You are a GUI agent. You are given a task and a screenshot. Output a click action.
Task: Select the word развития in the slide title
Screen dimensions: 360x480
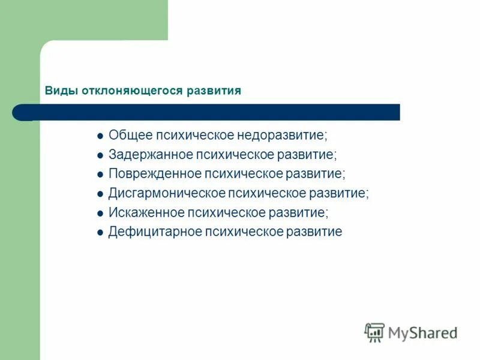coord(213,91)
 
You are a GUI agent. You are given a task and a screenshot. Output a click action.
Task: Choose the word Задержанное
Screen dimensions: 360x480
coord(150,154)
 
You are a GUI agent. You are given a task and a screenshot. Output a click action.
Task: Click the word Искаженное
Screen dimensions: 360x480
coord(146,212)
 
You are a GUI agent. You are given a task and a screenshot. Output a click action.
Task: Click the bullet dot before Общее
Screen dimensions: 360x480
coord(100,136)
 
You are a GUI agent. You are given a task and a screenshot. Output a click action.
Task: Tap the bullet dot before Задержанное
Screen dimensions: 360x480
coord(100,155)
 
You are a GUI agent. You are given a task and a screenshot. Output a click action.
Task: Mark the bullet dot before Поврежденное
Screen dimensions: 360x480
coord(100,175)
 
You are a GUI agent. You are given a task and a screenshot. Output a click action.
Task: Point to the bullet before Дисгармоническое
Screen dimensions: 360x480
coord(100,194)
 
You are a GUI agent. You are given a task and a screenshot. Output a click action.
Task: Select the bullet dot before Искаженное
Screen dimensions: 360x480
coord(100,213)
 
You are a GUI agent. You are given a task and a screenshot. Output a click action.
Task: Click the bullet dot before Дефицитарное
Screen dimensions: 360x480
coord(100,233)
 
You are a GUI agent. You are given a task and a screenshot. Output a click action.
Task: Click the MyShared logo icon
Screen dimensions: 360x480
coord(374,332)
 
